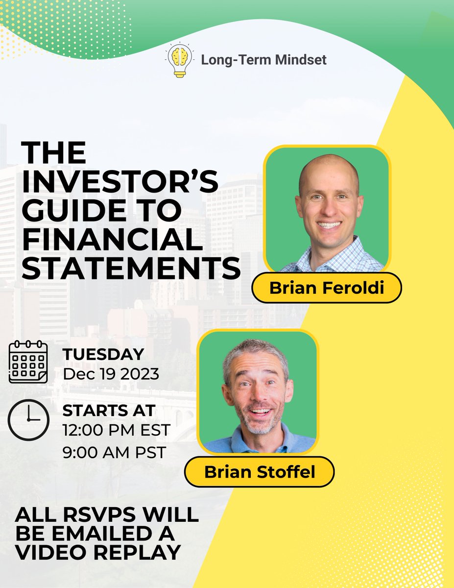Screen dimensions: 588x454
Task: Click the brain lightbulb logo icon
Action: [179, 61]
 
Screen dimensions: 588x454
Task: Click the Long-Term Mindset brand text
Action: [263, 60]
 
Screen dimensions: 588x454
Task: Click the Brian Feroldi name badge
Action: [326, 288]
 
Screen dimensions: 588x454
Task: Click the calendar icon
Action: [28, 363]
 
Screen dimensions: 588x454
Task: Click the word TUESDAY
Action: [103, 354]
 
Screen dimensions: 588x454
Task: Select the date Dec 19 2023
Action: [111, 374]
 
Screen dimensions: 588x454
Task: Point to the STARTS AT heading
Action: [109, 410]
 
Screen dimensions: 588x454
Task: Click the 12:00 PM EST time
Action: [117, 431]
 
